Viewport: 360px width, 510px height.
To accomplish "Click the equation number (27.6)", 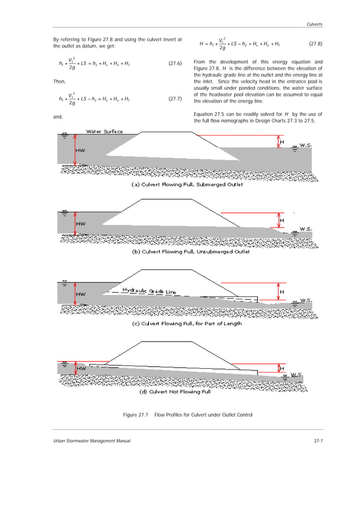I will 175,63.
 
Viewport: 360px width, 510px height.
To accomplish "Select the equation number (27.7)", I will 175,99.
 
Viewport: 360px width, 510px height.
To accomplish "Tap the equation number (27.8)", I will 316,44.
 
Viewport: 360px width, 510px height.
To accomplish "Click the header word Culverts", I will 314,24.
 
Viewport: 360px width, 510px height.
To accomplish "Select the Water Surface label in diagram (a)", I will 104,132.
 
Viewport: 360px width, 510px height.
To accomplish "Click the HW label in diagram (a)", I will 81,151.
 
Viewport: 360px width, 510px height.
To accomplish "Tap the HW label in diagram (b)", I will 81,223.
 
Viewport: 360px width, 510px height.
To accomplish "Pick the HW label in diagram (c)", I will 81,294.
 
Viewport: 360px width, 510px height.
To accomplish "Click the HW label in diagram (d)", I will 82,368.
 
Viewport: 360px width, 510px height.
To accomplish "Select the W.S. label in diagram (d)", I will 297,374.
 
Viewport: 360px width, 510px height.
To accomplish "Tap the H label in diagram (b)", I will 282,220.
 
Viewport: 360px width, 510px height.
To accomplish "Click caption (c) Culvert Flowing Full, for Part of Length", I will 186,324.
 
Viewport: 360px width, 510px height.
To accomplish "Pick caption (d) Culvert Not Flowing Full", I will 175,391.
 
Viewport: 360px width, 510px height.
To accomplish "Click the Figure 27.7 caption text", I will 187,416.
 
